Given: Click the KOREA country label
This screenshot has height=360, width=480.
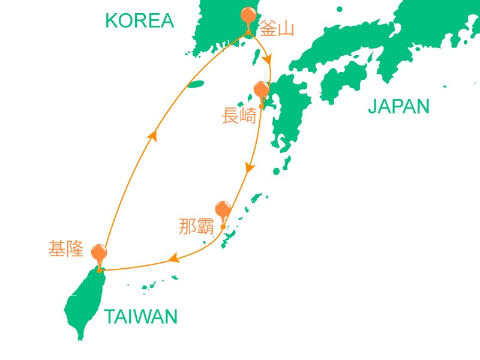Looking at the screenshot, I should (x=139, y=21).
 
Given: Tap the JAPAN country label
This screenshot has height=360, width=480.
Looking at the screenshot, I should (x=398, y=107).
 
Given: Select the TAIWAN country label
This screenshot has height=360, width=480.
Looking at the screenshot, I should (x=141, y=317).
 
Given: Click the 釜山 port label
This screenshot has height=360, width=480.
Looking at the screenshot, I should (x=277, y=28).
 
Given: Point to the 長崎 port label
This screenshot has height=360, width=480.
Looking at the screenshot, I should (x=239, y=115).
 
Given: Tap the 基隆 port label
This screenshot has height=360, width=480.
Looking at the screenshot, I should (x=66, y=249).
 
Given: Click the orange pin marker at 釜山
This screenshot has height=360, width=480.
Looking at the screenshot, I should (x=248, y=16).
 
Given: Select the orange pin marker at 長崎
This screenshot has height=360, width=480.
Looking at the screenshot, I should (x=261, y=90).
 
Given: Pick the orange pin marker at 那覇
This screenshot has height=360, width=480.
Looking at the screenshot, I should (x=223, y=209).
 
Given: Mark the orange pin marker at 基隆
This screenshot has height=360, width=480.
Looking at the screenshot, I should (x=99, y=253).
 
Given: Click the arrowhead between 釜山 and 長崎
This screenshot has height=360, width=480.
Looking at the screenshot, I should (x=268, y=61).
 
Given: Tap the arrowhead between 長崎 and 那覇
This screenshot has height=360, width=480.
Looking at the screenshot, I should (x=250, y=169).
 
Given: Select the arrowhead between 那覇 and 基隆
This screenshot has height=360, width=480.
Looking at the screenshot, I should (x=174, y=259).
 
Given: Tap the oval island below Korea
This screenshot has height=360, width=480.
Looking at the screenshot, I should (x=196, y=85).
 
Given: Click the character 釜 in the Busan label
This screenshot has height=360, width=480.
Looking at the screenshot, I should (x=268, y=28).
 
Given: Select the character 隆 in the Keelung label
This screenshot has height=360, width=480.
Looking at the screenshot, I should (x=75, y=249).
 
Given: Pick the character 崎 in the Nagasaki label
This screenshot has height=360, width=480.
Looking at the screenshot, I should (x=247, y=115).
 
